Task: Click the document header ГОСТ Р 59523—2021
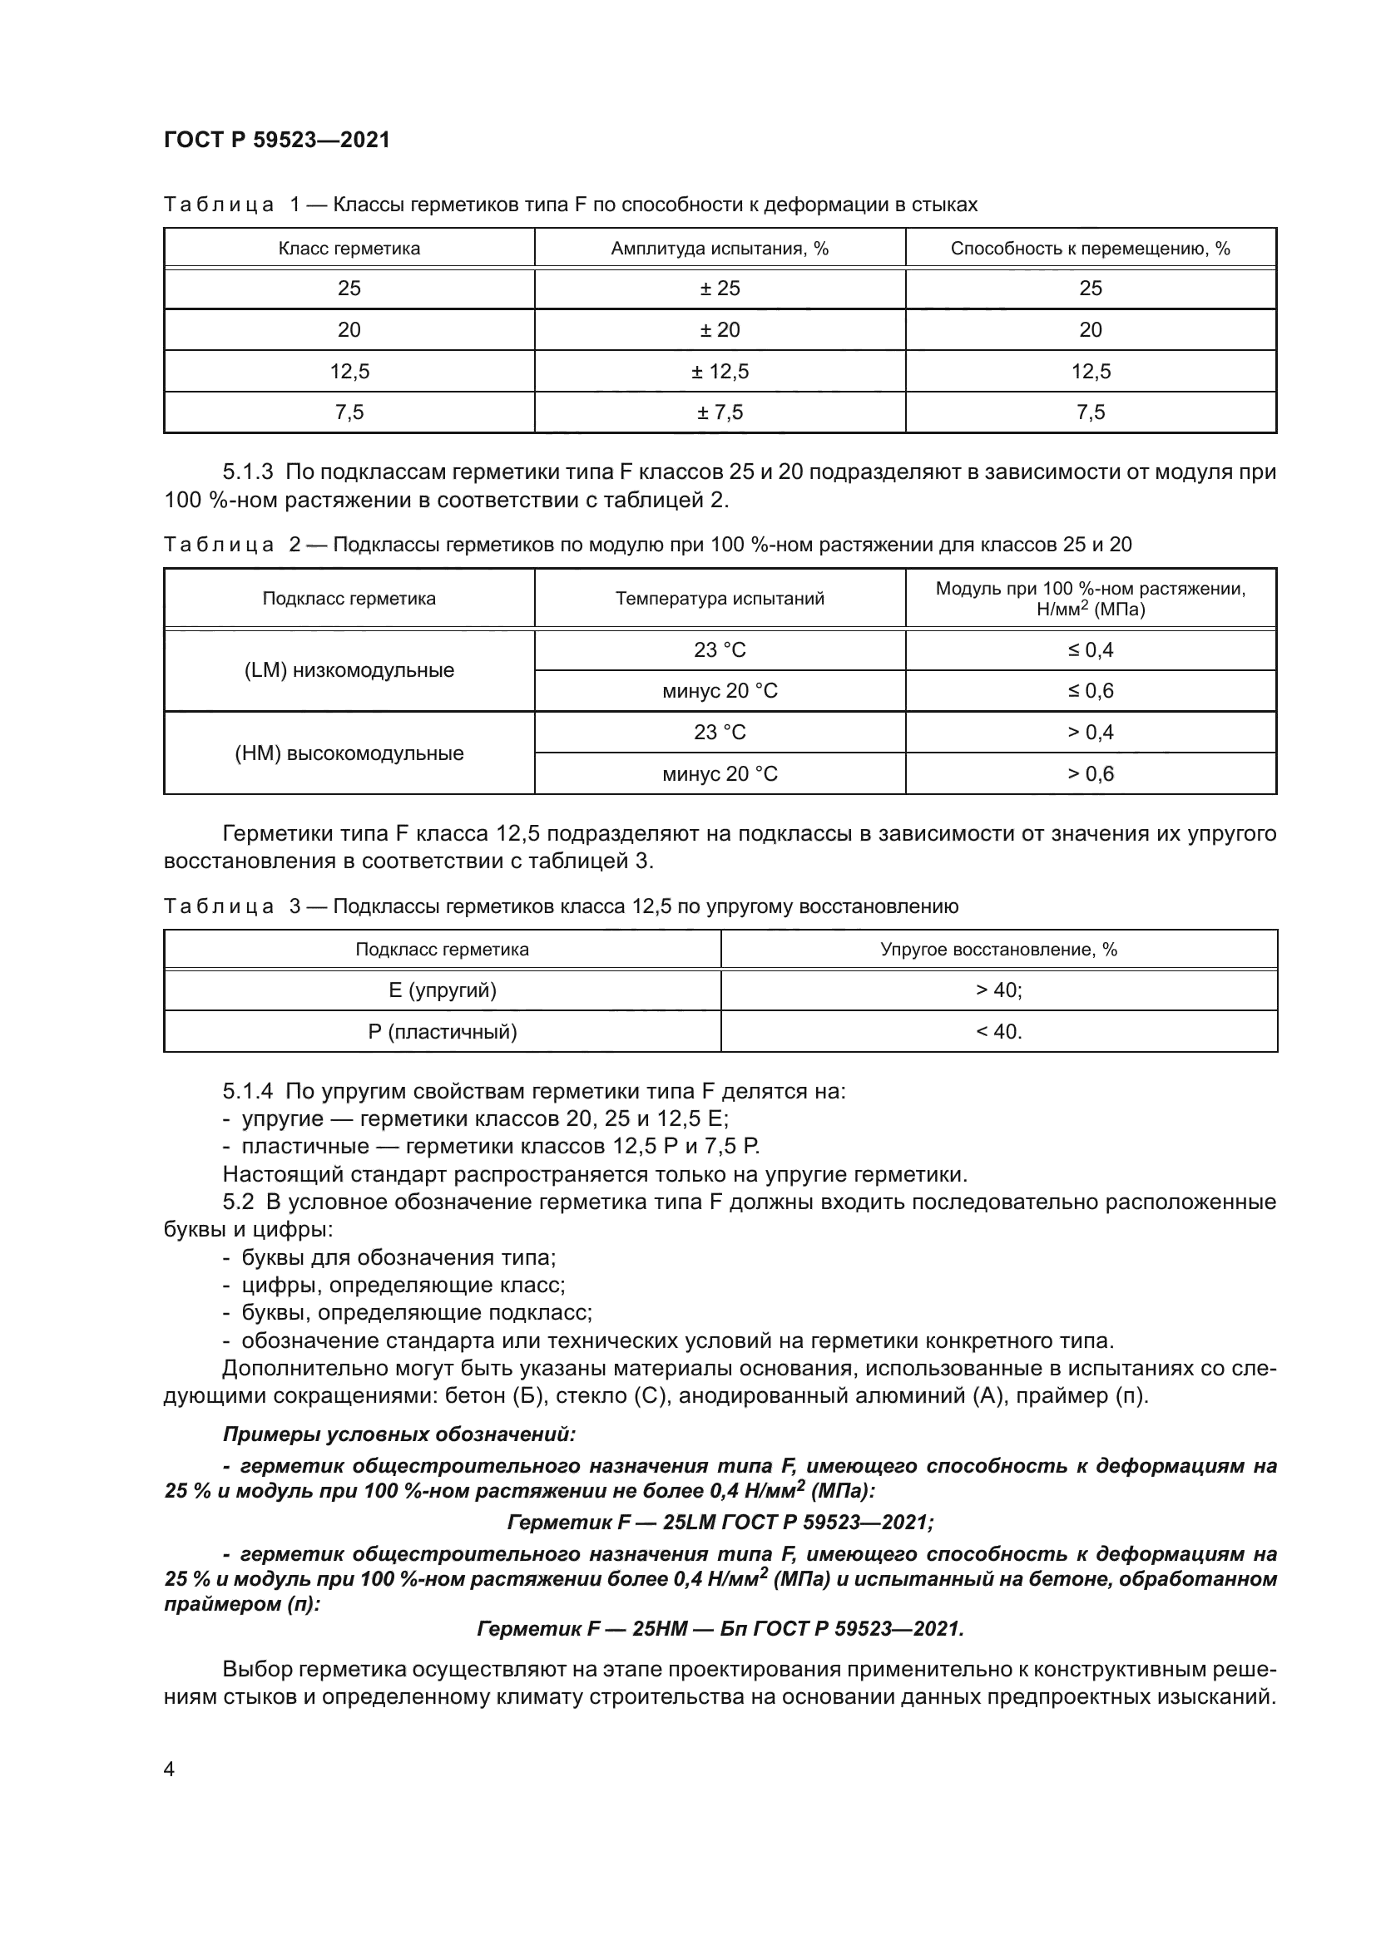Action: coord(277,140)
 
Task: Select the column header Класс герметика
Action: coord(349,248)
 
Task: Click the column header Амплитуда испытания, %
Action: coord(720,248)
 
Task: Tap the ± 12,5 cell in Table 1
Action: coord(720,371)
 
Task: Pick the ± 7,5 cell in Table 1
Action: coord(720,412)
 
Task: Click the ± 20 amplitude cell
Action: coord(720,329)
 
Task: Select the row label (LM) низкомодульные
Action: coord(349,670)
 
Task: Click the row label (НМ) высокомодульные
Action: coord(349,753)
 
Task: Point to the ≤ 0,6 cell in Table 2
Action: coord(1091,691)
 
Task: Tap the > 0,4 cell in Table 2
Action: coord(1091,732)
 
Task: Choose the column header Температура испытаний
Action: coord(720,599)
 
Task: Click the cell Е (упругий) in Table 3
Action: coord(443,990)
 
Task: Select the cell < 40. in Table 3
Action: coord(999,1032)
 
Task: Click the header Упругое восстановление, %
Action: coord(999,950)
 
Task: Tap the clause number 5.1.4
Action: coord(247,1091)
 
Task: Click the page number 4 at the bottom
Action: coord(169,1770)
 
